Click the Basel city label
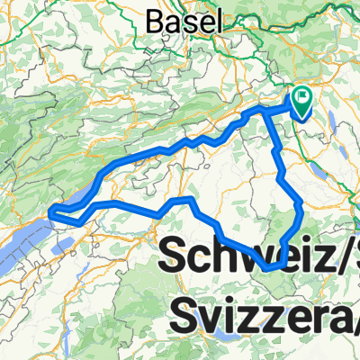(182, 19)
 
